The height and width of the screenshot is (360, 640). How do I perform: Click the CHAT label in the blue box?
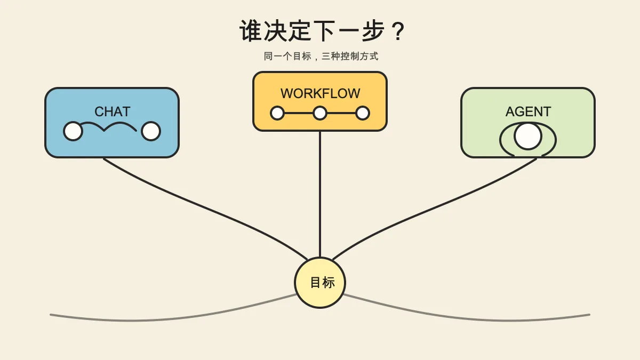coord(113,111)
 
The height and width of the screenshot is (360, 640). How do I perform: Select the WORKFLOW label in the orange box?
coord(321,93)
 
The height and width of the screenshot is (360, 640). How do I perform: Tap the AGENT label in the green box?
coord(529,111)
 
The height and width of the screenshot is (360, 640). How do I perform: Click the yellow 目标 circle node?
coord(320,283)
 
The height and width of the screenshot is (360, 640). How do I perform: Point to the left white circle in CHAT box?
coord(73,131)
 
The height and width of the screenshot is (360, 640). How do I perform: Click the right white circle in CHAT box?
coord(151,131)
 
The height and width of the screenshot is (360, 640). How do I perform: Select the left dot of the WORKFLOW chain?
coord(277,113)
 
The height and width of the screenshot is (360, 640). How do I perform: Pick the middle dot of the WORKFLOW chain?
coord(320,113)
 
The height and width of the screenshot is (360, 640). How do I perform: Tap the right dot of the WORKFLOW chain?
coord(363,113)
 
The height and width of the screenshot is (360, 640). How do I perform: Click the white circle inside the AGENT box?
coord(528,136)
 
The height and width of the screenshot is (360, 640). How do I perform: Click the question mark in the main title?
coord(398,31)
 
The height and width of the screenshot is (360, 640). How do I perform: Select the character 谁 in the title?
coord(251,31)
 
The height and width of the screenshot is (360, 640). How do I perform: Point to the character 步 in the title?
coord(373,31)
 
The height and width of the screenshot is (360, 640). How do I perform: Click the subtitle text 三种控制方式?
coord(350,57)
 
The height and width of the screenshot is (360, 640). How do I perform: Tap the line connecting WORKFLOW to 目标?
coord(320,194)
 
